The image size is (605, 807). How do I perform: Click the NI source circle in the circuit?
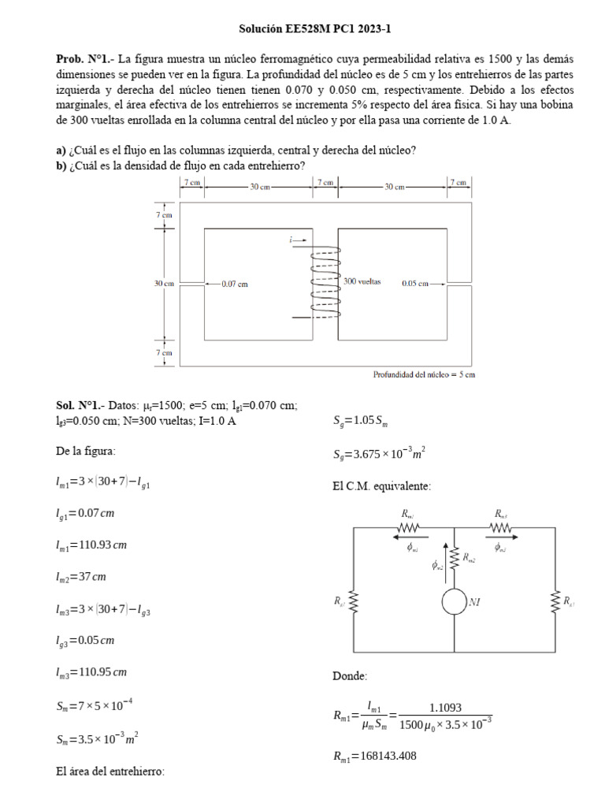click(x=454, y=602)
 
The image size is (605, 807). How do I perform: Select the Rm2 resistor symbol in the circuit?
click(x=455, y=556)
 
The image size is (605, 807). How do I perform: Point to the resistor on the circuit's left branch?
click(x=354, y=602)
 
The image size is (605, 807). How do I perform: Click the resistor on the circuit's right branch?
click(x=555, y=602)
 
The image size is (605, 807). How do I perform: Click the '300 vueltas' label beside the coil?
click(x=362, y=281)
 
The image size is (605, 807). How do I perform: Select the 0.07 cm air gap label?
click(x=234, y=283)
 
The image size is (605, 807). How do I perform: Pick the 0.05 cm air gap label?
click(x=415, y=283)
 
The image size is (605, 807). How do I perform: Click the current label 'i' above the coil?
click(x=291, y=239)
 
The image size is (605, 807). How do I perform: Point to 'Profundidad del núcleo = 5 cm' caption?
click(x=424, y=375)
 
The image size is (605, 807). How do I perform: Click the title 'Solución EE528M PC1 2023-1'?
click(x=314, y=29)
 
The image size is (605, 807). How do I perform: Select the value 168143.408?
click(x=374, y=756)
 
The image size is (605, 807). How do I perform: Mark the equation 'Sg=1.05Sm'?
click(x=363, y=421)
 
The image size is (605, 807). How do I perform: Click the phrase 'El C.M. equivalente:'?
click(x=381, y=486)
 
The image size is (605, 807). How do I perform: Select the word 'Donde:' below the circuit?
click(x=350, y=676)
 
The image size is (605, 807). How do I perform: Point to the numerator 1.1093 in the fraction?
click(x=446, y=707)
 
